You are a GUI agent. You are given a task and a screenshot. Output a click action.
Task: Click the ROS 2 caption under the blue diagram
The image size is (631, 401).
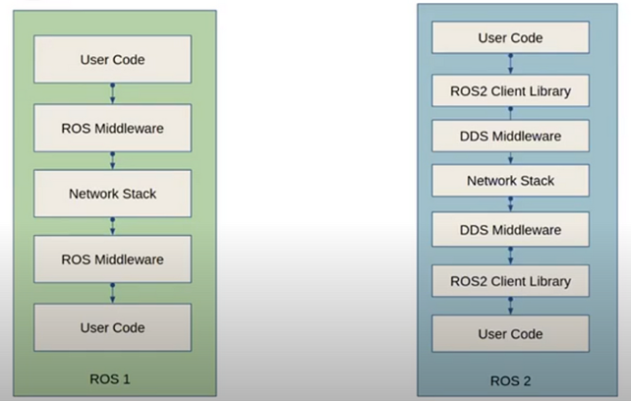click(x=510, y=379)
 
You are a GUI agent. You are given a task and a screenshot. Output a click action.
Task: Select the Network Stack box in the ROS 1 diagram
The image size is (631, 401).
click(x=112, y=194)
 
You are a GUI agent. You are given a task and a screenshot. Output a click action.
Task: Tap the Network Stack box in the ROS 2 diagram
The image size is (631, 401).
click(x=511, y=181)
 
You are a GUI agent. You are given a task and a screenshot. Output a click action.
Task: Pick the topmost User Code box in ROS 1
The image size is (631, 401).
click(x=112, y=60)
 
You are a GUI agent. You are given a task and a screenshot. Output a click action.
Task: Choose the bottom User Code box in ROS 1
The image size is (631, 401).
click(x=112, y=327)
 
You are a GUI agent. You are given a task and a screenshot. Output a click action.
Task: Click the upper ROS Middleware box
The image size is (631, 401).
click(x=112, y=127)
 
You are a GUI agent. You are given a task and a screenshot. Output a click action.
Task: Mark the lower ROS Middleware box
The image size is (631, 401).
click(x=112, y=260)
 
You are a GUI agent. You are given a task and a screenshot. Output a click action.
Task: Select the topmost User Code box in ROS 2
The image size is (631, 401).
click(x=511, y=38)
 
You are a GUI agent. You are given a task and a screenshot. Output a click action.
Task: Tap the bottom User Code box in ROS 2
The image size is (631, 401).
click(x=511, y=334)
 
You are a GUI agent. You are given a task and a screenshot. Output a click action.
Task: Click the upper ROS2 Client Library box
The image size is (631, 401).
click(x=511, y=91)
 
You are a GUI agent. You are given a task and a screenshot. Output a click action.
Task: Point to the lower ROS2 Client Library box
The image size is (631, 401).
click(x=511, y=282)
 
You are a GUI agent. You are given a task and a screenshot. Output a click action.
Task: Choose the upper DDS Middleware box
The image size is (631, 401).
click(x=511, y=135)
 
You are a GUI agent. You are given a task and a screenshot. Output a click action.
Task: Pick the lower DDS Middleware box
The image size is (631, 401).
click(x=511, y=230)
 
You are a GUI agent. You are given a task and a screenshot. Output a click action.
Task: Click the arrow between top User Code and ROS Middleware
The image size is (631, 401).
click(x=112, y=93)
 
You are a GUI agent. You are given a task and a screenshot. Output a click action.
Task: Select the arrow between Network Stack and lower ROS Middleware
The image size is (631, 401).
click(x=112, y=227)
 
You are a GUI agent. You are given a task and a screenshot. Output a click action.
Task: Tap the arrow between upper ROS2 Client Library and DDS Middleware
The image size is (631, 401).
click(x=511, y=113)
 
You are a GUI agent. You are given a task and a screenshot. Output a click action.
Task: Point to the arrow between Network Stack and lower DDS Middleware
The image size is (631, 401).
click(x=511, y=205)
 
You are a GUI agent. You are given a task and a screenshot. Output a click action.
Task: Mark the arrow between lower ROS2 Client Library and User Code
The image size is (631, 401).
click(x=511, y=308)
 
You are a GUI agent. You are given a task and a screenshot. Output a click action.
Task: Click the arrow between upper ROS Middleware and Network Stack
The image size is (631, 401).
click(x=112, y=160)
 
